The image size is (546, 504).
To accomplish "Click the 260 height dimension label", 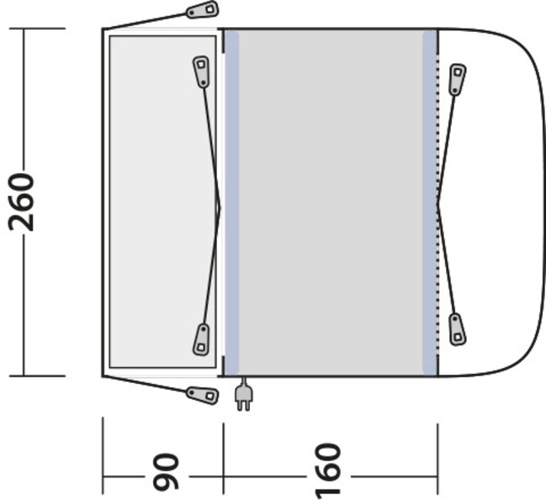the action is (22, 202).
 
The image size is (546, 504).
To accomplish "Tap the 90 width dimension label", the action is (166, 472).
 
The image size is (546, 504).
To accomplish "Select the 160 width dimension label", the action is (327, 470).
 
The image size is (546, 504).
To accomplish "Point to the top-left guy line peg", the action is (202, 10).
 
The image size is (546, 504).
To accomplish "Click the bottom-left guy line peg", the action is (202, 395).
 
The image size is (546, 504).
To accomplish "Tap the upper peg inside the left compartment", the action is (201, 72).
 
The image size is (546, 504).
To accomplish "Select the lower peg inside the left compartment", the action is (201, 339).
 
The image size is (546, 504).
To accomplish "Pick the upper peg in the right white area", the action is (457, 80).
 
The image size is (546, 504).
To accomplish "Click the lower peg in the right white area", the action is (457, 329).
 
